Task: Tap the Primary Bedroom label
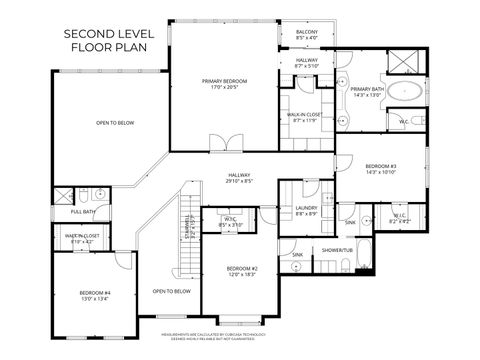[224, 81]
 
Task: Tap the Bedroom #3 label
[381, 165]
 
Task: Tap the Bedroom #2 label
[242, 269]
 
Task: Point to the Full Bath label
[83, 211]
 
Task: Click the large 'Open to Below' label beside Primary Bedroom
[116, 122]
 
